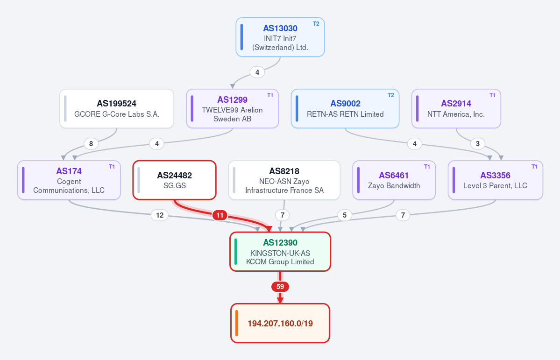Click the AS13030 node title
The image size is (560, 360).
pos(280,28)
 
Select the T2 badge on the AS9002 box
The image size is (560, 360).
pos(391,95)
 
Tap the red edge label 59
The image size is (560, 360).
pos(280,286)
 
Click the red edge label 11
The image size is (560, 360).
pos(220,215)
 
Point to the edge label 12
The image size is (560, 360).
pos(160,215)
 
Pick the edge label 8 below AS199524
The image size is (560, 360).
pos(91,143)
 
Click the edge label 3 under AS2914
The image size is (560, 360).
pos(478,143)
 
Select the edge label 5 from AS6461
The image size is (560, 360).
pos(345,215)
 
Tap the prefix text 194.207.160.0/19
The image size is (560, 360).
pos(280,323)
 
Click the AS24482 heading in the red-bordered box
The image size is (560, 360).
pos(174,176)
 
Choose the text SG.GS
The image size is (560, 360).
pos(174,186)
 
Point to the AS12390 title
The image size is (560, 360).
pos(280,242)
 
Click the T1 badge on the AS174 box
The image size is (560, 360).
pos(112,166)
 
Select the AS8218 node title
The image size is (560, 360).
pos(284,171)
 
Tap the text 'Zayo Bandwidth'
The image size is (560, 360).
pos(394,186)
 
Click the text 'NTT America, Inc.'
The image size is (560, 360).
pos(456,114)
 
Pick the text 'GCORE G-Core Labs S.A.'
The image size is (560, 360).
pos(117,114)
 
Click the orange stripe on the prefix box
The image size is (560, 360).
pos(237,323)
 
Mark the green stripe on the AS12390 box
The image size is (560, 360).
pos(236,252)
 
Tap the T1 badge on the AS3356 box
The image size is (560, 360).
pos(534,166)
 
